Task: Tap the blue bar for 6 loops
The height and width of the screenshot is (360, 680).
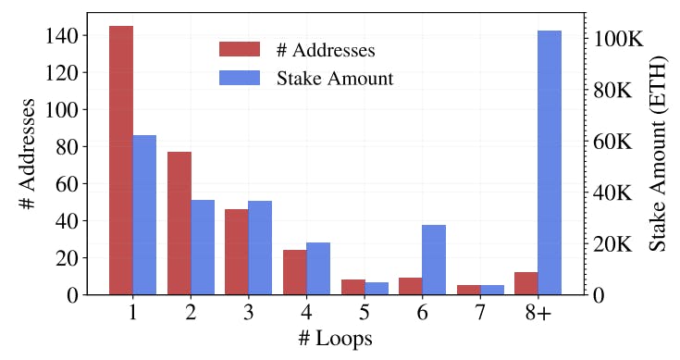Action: (x=434, y=260)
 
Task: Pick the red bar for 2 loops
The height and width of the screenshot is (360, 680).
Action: (x=179, y=223)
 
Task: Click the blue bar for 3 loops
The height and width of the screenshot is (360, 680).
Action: (x=260, y=248)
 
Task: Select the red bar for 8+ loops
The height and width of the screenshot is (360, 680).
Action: (x=525, y=283)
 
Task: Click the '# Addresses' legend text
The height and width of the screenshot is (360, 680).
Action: (x=325, y=49)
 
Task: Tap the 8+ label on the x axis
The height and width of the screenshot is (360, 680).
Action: (x=538, y=314)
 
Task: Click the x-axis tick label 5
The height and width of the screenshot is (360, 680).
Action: (x=365, y=314)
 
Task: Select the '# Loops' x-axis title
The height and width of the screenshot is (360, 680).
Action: (x=336, y=340)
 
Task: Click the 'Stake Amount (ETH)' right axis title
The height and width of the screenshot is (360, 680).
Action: (x=658, y=154)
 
